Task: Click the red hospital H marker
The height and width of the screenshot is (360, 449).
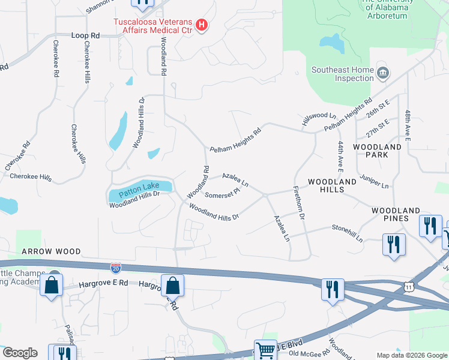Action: pos(202,25)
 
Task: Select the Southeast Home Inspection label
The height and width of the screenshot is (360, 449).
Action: pos(342,74)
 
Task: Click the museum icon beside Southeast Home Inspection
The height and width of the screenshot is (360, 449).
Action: pos(383,74)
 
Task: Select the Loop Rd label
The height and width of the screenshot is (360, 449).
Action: pos(85,36)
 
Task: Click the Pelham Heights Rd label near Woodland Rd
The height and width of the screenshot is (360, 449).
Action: pos(235,140)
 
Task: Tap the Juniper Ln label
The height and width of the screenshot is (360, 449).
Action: pos(374,182)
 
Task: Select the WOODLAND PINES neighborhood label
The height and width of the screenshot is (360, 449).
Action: pos(396,214)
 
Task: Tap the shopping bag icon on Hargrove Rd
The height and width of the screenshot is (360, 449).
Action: pos(172,286)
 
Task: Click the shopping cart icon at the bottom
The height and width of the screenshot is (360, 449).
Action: pos(265,349)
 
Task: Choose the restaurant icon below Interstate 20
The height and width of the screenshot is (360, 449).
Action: pos(331,290)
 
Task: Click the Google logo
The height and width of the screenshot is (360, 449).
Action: pos(20,353)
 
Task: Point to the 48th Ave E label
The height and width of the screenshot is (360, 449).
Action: pos(407,125)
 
